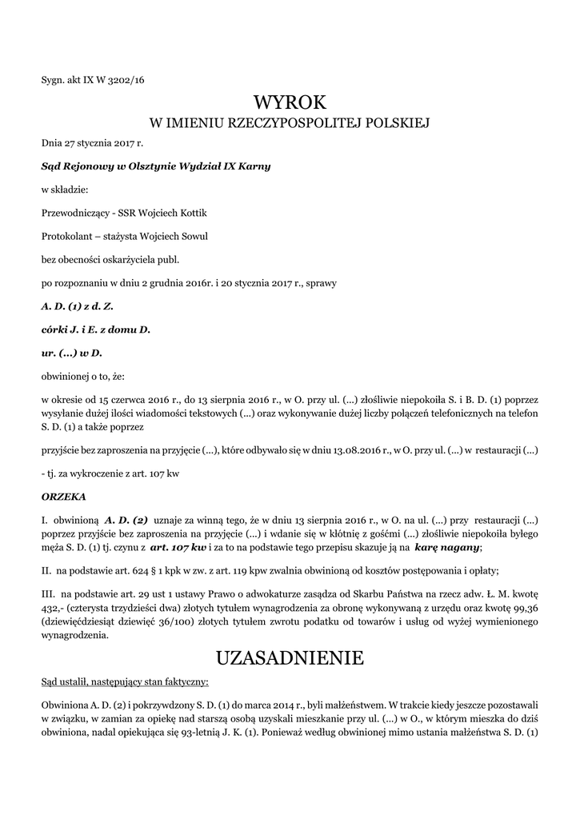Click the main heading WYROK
click(290, 102)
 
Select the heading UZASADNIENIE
click(290, 657)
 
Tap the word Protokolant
click(70, 236)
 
